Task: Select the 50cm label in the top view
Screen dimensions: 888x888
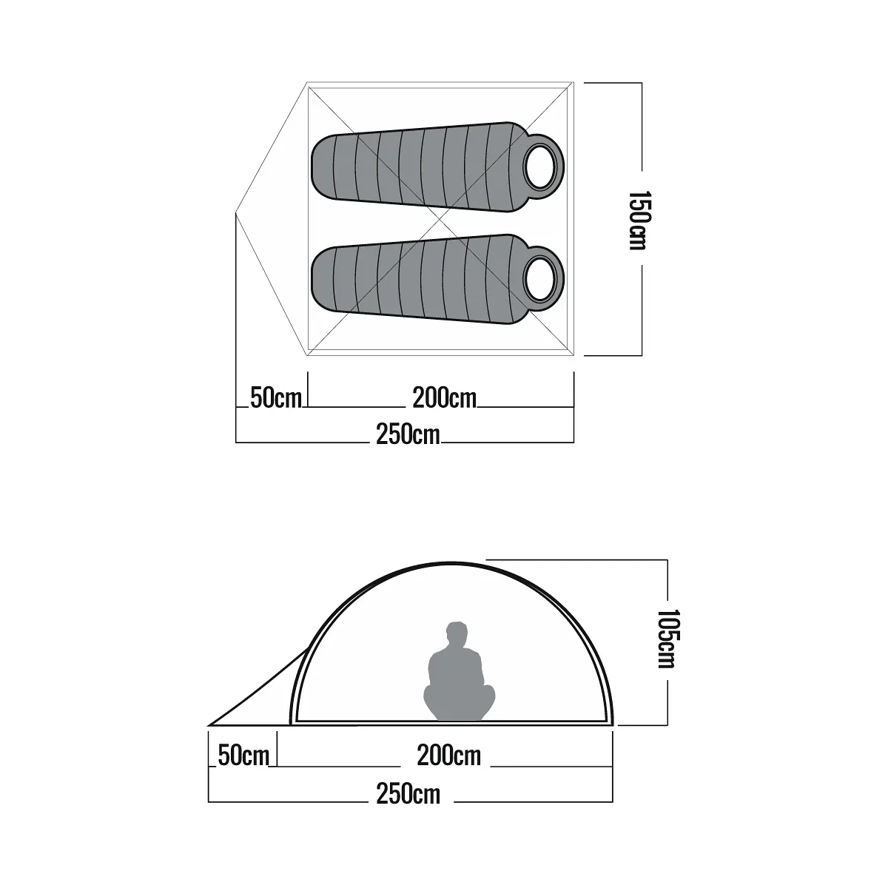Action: pos(276,398)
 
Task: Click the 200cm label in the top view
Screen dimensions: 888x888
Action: pos(444,398)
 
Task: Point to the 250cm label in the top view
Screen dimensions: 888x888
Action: pos(407,434)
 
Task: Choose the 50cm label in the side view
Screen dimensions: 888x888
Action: pos(243,756)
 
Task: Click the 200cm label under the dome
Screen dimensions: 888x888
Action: pos(448,756)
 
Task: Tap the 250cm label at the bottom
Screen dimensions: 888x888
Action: pos(408,794)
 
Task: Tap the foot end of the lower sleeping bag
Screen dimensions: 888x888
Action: pos(320,274)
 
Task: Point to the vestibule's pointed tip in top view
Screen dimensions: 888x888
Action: pos(237,213)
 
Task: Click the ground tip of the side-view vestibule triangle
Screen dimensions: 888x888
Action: pos(210,724)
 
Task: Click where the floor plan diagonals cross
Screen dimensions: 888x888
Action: pos(441,220)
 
